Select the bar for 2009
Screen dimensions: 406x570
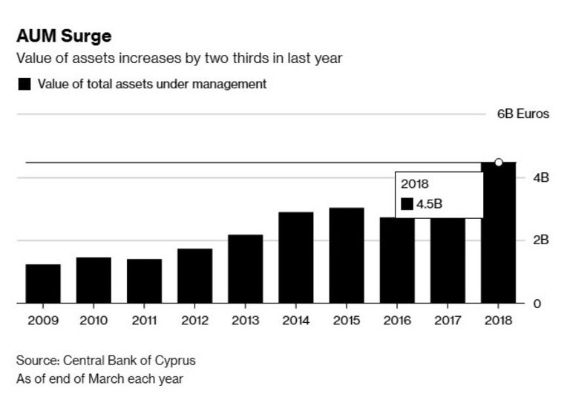43,284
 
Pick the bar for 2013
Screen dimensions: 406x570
246,269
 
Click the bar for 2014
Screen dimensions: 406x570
296,258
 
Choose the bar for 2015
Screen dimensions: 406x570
347,255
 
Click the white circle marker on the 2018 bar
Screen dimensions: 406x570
499,162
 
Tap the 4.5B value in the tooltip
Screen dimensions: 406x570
428,203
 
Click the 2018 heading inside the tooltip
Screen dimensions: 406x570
415,183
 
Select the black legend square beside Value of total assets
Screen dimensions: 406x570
24,85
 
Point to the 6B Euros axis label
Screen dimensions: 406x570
523,114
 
